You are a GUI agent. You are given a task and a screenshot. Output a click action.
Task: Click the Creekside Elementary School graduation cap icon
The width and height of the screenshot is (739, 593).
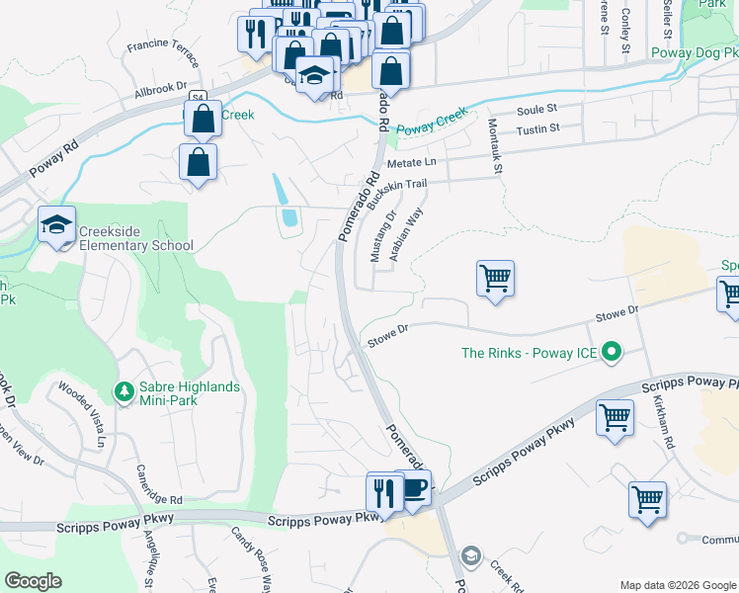point(57,225)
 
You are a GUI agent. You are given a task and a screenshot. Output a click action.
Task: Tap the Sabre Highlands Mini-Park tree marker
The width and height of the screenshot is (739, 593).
point(123,392)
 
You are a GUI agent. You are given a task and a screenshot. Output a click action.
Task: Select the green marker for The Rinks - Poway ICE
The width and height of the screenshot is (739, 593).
point(612,351)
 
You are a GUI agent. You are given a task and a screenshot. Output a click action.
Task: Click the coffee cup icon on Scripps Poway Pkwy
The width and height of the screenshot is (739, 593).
point(413,488)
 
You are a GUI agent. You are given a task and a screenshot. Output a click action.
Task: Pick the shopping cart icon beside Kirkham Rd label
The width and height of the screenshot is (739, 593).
point(615,418)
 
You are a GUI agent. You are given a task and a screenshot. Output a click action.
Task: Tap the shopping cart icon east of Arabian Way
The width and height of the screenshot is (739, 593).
point(495,277)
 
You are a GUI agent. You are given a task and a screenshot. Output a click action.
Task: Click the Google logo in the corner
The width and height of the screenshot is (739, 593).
point(33,581)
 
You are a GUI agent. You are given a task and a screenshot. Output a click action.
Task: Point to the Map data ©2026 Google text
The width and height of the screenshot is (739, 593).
point(677,584)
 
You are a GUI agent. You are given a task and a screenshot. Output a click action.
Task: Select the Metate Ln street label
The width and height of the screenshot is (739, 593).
point(411,162)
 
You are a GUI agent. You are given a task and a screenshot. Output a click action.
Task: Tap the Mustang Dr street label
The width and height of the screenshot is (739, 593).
point(380,237)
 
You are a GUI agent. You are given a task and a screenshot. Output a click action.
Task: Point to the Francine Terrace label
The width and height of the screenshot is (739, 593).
point(163,46)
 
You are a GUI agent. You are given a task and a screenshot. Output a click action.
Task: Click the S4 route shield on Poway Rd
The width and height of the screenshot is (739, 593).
point(198,98)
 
